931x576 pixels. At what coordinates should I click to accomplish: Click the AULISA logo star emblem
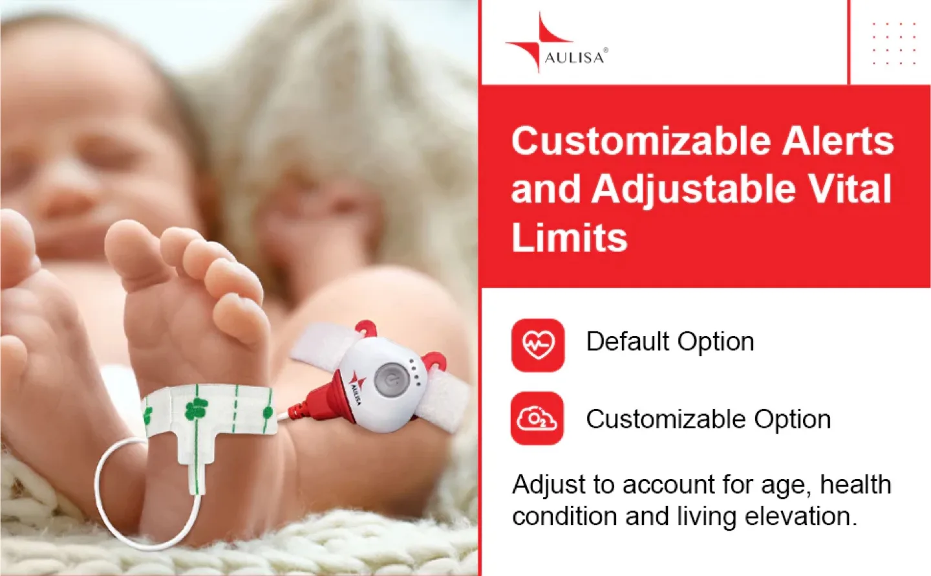coord(531,44)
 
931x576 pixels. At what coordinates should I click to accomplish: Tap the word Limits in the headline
coord(569,238)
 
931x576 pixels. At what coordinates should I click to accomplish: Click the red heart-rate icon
coord(538,345)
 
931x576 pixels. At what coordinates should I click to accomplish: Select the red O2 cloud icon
coord(537,419)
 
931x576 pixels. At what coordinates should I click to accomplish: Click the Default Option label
coord(670,342)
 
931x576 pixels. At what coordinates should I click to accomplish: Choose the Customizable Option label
coord(708,419)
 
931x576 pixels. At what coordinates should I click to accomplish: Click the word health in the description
coord(855,485)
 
